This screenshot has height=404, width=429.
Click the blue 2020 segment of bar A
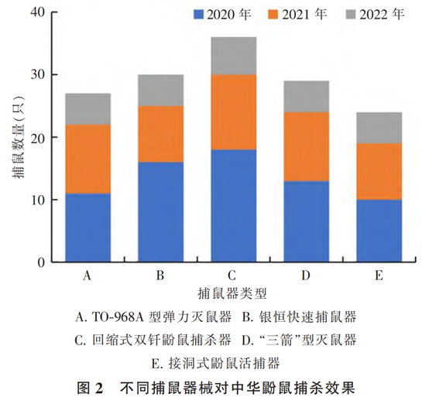pyautogui.click(x=88, y=228)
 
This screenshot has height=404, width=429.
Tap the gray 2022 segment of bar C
pyautogui.click(x=234, y=56)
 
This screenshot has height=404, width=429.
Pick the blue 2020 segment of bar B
pyautogui.click(x=161, y=212)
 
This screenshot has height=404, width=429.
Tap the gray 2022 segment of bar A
pyautogui.click(x=88, y=109)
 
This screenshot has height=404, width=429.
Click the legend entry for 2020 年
pyautogui.click(x=218, y=13)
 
